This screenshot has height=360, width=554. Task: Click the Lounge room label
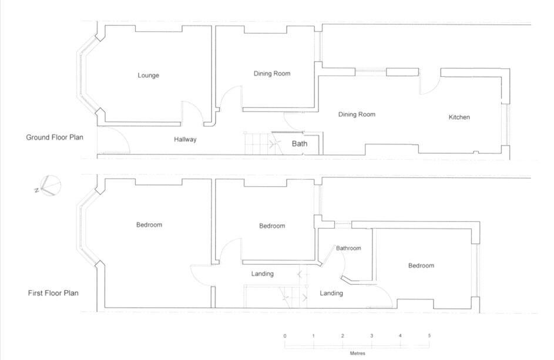click(148, 75)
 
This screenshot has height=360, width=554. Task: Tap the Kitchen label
click(459, 117)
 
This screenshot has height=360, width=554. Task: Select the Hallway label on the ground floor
click(185, 140)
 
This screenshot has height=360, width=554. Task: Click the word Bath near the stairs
click(300, 143)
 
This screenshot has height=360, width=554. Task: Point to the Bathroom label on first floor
click(348, 248)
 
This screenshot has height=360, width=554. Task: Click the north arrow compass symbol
click(49, 186)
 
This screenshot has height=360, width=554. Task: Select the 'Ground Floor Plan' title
click(55, 137)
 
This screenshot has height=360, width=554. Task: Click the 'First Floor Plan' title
click(53, 292)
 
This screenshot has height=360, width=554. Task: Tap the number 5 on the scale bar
click(429, 336)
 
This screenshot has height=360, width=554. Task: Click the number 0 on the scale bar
click(285, 336)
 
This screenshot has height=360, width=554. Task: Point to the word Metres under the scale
click(357, 354)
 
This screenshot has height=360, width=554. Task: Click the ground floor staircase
click(257, 143)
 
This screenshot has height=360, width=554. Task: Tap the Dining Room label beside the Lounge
click(272, 73)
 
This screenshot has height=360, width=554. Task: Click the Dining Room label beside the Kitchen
click(357, 115)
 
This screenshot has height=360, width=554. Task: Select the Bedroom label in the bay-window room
click(149, 225)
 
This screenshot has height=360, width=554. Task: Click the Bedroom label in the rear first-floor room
click(421, 266)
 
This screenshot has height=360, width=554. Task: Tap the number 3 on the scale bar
click(371, 336)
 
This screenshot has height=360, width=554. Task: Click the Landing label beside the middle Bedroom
click(262, 274)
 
